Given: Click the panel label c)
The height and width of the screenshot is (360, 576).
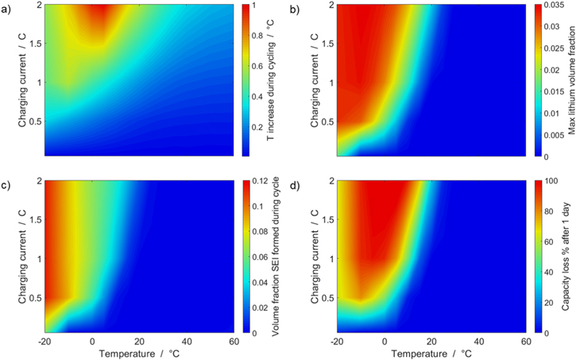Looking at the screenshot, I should (x=7, y=186).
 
